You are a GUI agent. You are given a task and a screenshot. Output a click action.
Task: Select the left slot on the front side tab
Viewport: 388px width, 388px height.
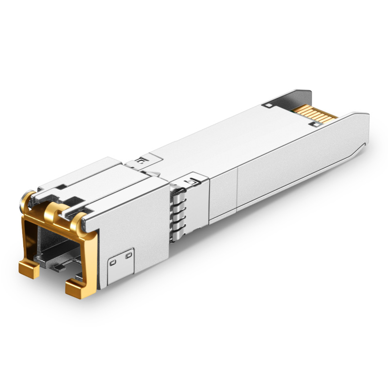pyautogui.click(x=113, y=262)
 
